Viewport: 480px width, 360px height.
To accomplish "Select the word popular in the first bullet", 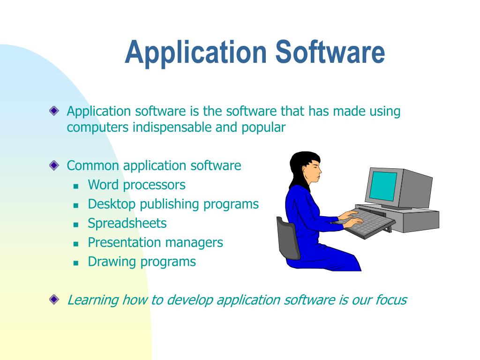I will click(263, 127).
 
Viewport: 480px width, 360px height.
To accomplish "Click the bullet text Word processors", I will click(136, 185).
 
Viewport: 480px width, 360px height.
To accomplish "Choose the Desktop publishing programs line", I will click(173, 204).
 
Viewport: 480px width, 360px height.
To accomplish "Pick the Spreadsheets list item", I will click(127, 223).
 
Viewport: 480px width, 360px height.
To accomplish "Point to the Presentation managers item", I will click(155, 242).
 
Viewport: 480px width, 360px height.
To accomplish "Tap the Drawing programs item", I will click(142, 262).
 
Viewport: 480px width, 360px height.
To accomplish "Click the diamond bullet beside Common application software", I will click(54, 165).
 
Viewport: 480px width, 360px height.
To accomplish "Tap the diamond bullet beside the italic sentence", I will click(54, 299).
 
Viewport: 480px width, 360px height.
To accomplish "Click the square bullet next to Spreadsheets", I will click(75, 224).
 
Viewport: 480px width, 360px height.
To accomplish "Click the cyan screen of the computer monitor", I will click(382, 186).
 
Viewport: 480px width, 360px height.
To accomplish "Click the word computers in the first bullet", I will click(97, 127).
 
